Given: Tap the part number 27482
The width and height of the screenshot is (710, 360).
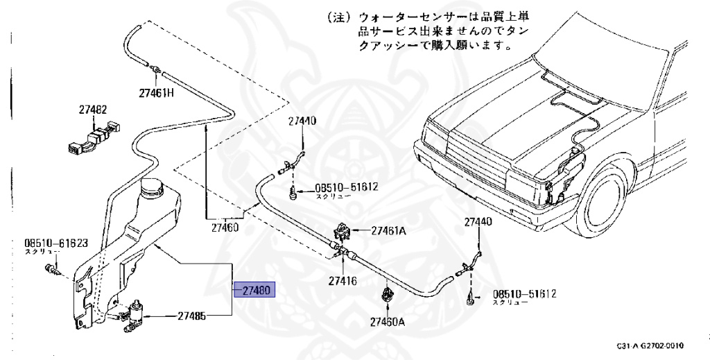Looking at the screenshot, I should pos(92,110).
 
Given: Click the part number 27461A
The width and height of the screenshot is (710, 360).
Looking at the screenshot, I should pos(388,230).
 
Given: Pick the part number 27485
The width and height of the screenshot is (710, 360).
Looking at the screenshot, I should pos(191,316).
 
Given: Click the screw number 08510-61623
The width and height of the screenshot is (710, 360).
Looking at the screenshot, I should pos(56,243).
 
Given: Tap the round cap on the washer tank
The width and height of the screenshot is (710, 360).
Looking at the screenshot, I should pos(151,187).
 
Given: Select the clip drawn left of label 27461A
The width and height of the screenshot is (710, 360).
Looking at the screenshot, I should pos(342,230).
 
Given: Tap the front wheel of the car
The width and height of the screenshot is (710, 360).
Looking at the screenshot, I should pos(602,201).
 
